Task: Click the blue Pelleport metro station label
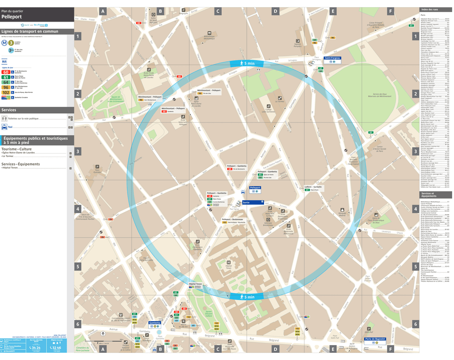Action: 255,188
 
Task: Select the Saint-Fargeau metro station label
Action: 332,58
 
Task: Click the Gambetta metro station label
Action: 155,323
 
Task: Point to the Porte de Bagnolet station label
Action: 375,339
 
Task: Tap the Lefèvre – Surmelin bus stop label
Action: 313,187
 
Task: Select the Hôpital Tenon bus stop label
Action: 195,284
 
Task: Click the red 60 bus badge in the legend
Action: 6,72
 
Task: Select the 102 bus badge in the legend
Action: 6,92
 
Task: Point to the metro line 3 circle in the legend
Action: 11,43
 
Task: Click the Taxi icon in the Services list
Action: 4,127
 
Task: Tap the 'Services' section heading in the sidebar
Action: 9,110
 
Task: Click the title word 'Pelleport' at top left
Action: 11,16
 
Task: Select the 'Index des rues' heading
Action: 429,10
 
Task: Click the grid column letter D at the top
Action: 275,11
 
